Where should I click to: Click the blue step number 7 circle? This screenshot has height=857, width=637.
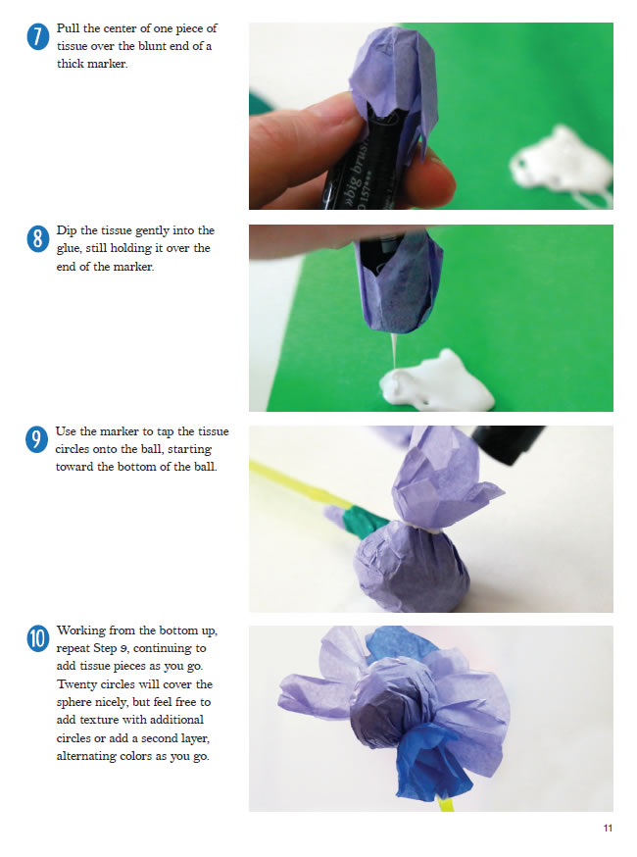tap(37, 37)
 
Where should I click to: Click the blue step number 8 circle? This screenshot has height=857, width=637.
tap(37, 239)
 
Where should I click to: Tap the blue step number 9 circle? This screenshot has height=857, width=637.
tap(36, 440)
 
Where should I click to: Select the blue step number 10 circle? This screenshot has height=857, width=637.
tap(37, 639)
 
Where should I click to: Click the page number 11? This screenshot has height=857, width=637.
tap(608, 828)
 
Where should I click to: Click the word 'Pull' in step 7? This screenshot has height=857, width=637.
tap(68, 28)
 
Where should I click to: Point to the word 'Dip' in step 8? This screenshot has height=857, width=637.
tap(67, 231)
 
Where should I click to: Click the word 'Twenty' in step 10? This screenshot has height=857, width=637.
tap(76, 684)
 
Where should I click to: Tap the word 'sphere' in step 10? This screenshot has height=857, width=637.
tap(75, 703)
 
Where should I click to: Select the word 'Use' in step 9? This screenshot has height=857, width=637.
tap(66, 431)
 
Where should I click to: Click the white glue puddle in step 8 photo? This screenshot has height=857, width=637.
tap(436, 381)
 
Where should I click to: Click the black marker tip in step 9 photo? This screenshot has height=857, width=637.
tap(508, 442)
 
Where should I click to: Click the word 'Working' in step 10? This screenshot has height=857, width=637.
tap(81, 631)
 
